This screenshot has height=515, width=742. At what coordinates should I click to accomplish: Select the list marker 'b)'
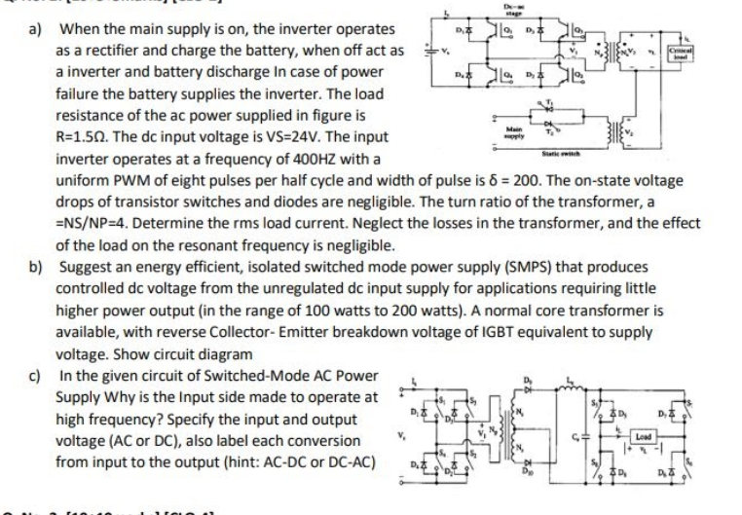click(x=38, y=266)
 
